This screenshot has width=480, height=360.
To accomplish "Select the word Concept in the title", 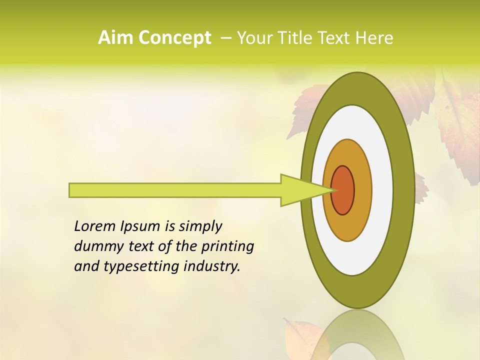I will [174, 38].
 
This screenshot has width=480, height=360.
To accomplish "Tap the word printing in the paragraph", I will [226, 246].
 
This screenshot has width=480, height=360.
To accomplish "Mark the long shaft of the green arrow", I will [175, 190].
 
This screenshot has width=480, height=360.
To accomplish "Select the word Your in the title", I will [254, 38].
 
